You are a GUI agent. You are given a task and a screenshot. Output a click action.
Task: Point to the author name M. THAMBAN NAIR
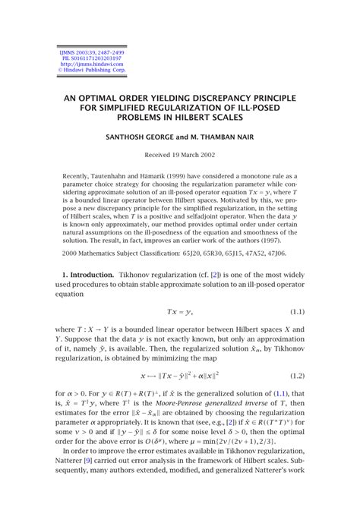[225, 137]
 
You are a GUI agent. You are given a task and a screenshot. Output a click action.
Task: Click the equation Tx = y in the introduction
[179, 312]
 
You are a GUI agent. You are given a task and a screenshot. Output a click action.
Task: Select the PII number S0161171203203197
[78, 58]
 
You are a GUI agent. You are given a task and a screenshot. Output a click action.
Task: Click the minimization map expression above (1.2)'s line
[179, 375]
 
